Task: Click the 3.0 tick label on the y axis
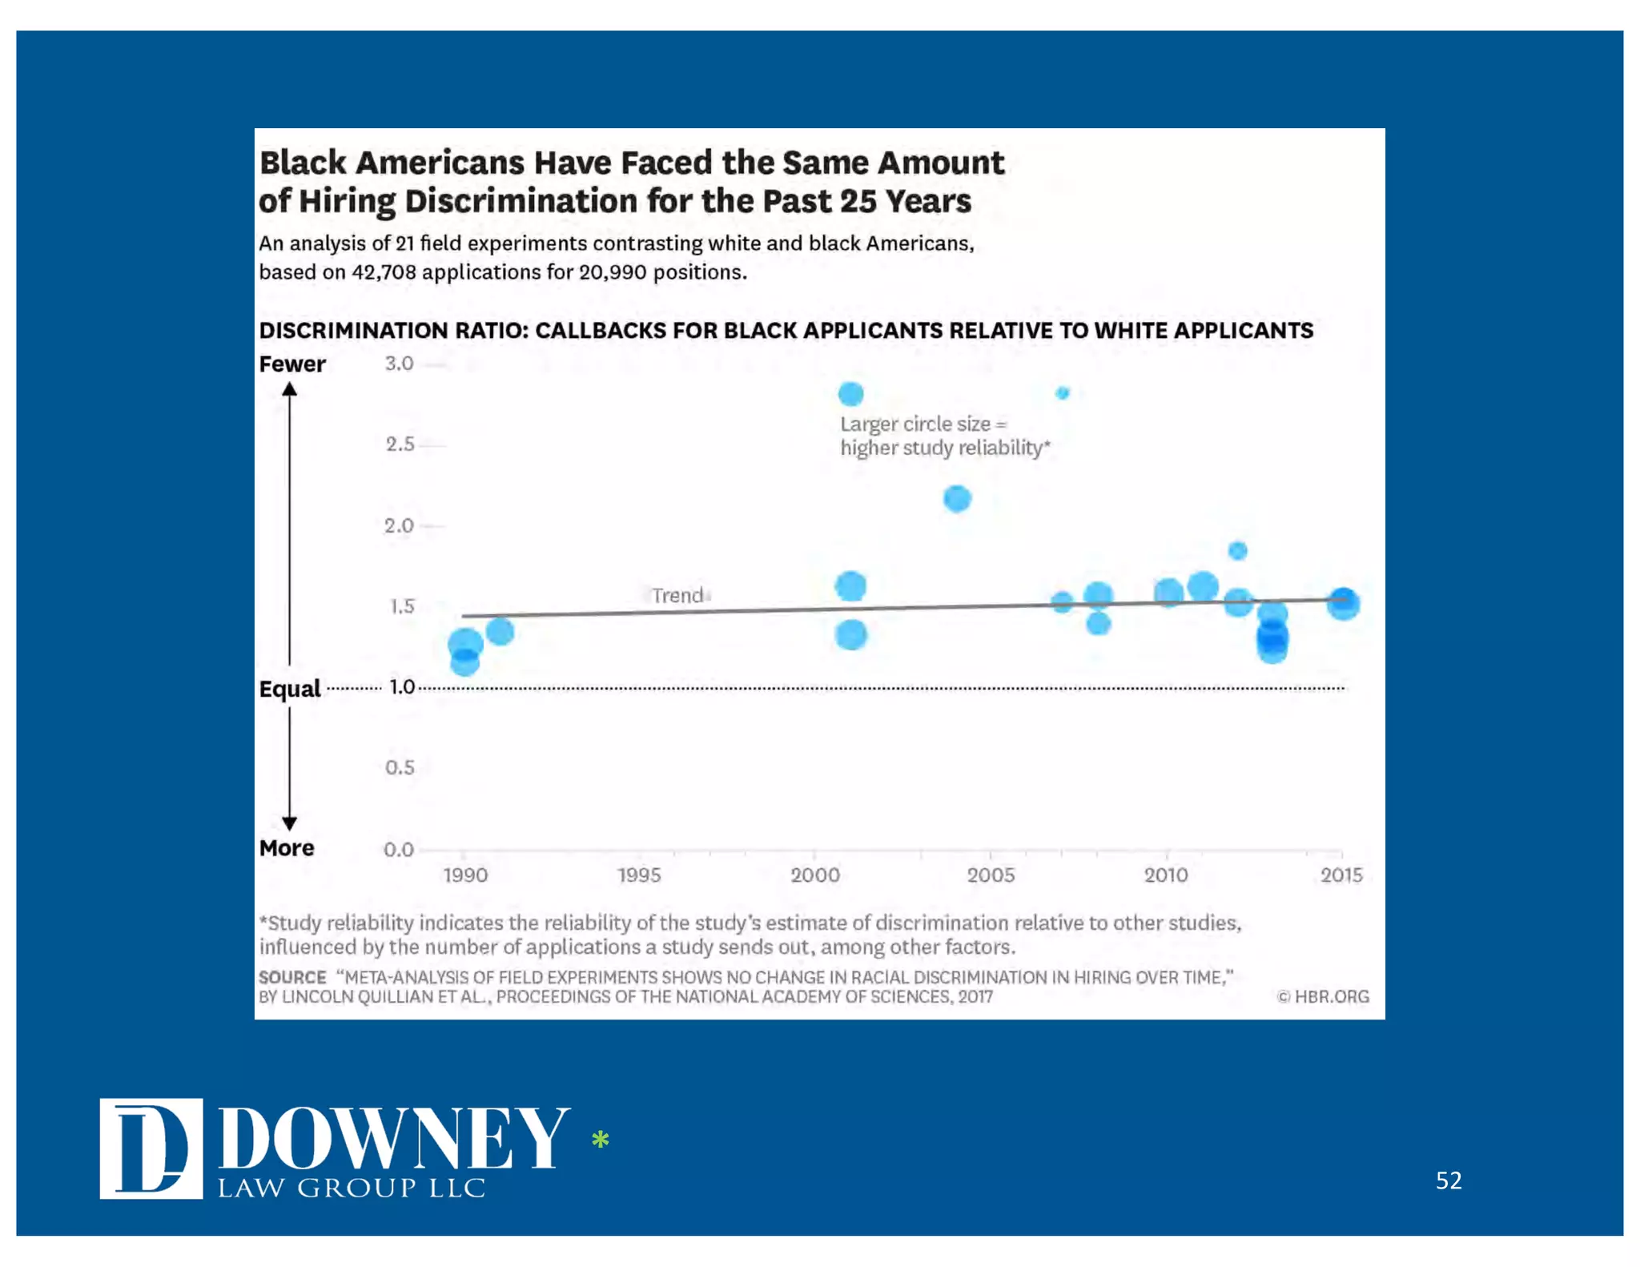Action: tap(399, 364)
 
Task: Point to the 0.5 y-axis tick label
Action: tap(399, 767)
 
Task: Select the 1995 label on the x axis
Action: tap(639, 875)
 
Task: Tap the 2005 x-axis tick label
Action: tap(991, 875)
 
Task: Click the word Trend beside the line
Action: tap(677, 595)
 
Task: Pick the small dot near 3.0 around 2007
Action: tap(1063, 392)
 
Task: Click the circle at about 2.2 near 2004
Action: tap(957, 498)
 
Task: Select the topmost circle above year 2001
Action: tap(850, 393)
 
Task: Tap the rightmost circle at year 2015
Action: tap(1343, 603)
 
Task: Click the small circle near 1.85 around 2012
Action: tap(1237, 550)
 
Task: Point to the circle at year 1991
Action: tap(500, 631)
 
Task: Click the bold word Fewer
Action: tap(292, 364)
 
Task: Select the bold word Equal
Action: tap(289, 689)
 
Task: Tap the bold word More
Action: tap(287, 848)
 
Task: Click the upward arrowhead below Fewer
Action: tap(290, 389)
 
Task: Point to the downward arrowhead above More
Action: tap(290, 823)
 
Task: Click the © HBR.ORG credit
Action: tap(1323, 996)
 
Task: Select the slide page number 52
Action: tap(1448, 1180)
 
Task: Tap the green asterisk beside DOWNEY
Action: tap(600, 1139)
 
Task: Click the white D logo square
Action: tap(151, 1148)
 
